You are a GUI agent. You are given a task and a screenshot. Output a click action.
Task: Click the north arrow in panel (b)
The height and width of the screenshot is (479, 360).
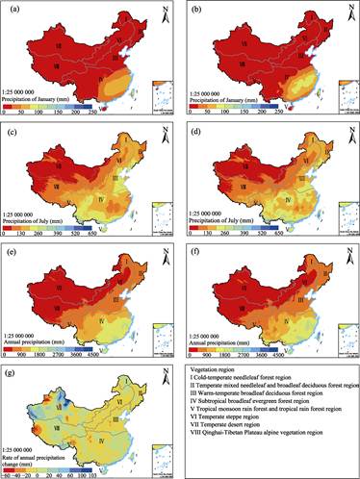[x=349, y=13]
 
